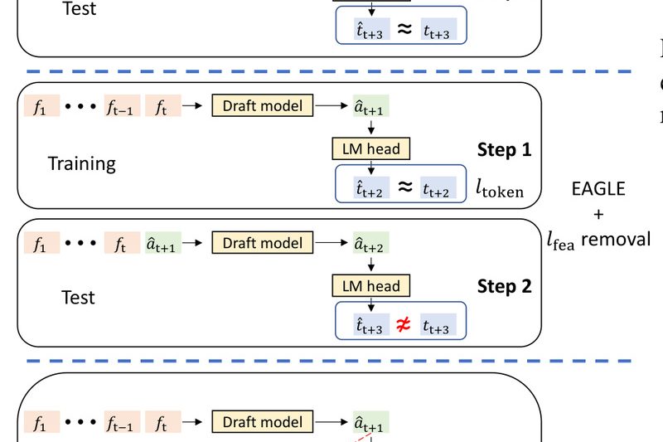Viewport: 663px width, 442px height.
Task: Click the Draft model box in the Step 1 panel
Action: pyautogui.click(x=263, y=106)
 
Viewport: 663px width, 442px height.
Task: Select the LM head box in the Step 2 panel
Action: pyautogui.click(x=370, y=286)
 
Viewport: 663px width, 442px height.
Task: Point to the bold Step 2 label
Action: pyautogui.click(x=503, y=287)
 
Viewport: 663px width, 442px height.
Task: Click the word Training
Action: pyautogui.click(x=81, y=163)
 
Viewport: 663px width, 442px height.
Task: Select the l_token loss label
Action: pyautogui.click(x=499, y=190)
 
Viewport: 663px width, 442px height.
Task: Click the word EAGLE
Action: pyautogui.click(x=598, y=189)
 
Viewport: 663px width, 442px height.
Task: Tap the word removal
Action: pyautogui.click(x=616, y=240)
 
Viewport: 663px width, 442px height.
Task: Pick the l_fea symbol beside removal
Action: pyautogui.click(x=561, y=241)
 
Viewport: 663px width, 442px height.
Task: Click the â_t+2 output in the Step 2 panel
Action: pyautogui.click(x=370, y=244)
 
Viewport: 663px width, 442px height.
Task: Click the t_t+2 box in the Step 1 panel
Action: pyautogui.click(x=438, y=189)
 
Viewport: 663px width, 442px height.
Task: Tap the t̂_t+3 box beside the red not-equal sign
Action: pyautogui.click(x=370, y=327)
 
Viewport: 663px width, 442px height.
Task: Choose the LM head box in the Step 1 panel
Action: pyautogui.click(x=370, y=149)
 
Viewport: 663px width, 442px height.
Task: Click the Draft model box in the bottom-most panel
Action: pyautogui.click(x=263, y=422)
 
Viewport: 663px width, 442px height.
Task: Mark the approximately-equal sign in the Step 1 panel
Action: pyautogui.click(x=403, y=188)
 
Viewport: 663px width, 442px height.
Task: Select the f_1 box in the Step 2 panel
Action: pyautogui.click(x=41, y=244)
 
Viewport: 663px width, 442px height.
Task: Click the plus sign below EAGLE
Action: pyautogui.click(x=598, y=215)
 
